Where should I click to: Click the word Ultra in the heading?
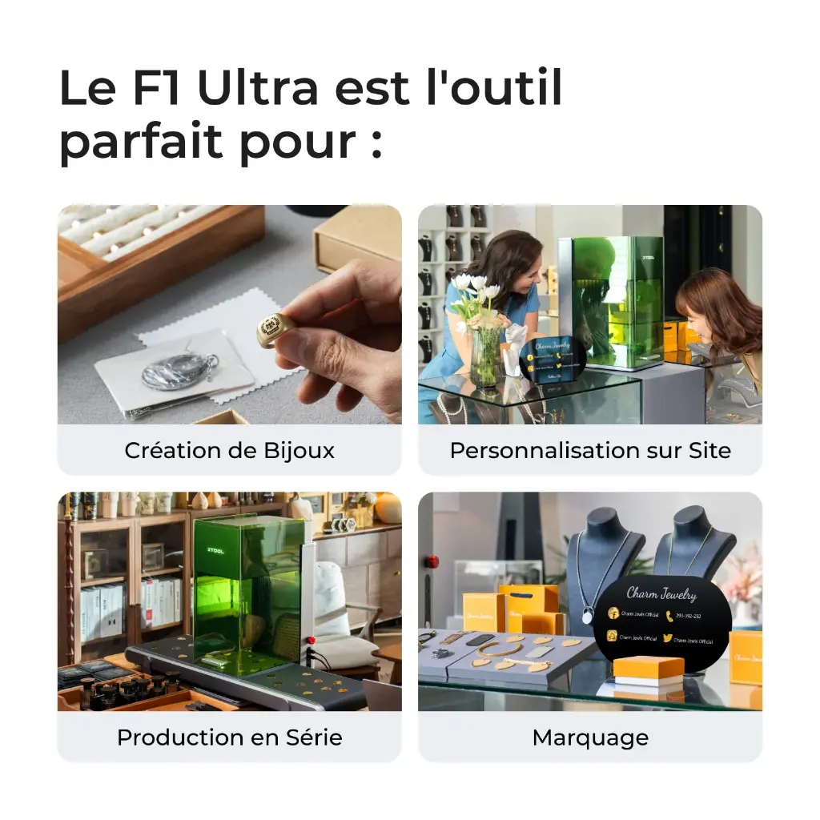click(x=258, y=89)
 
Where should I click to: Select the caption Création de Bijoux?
click(x=229, y=450)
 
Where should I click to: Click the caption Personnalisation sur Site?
click(x=590, y=450)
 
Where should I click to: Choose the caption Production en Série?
click(x=229, y=738)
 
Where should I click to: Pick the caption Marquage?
click(x=590, y=738)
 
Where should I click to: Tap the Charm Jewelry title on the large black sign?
click(x=661, y=594)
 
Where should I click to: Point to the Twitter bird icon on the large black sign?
click(x=668, y=638)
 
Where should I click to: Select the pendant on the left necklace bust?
click(x=587, y=617)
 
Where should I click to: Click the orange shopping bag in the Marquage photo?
click(x=529, y=607)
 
